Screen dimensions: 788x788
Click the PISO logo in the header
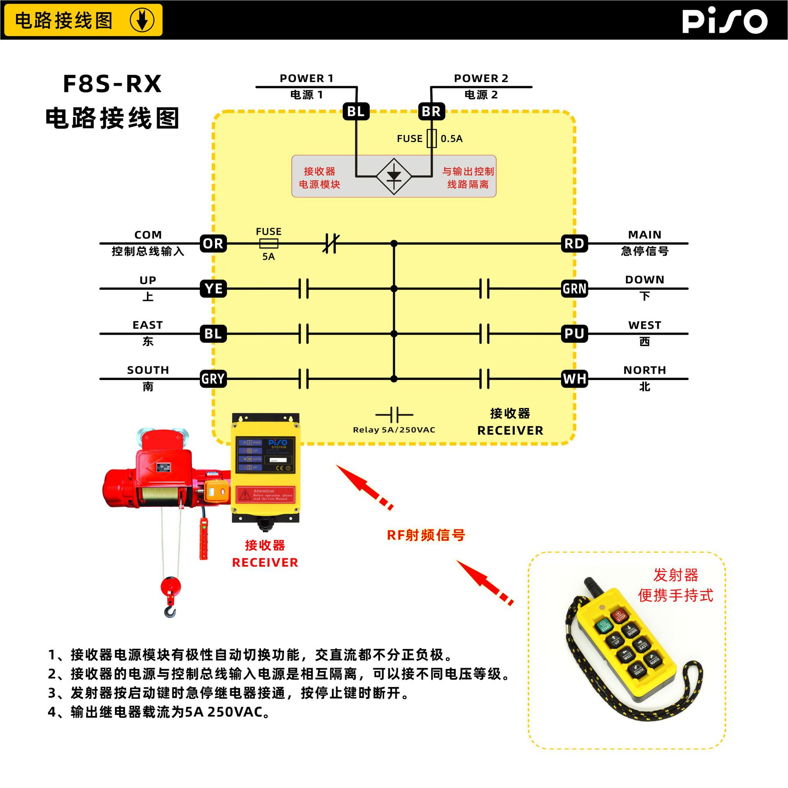pyautogui.click(x=724, y=21)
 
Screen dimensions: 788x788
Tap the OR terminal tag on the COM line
pyautogui.click(x=213, y=243)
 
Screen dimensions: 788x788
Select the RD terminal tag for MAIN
pyautogui.click(x=574, y=243)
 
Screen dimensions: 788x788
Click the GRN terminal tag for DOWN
pyautogui.click(x=574, y=289)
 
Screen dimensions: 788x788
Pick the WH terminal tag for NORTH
pyautogui.click(x=574, y=379)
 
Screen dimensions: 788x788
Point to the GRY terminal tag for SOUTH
pyautogui.click(x=213, y=379)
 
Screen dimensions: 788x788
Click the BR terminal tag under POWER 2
pyautogui.click(x=431, y=111)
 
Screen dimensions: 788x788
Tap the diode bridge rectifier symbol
pyautogui.click(x=394, y=176)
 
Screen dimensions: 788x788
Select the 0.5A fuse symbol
pyautogui.click(x=432, y=138)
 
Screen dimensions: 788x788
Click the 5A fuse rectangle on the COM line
pyautogui.click(x=269, y=244)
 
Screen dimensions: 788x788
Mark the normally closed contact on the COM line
pyautogui.click(x=331, y=243)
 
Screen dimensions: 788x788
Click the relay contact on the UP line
pyautogui.click(x=304, y=289)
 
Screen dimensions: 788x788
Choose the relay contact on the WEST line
pyautogui.click(x=484, y=334)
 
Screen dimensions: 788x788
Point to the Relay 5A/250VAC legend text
pyautogui.click(x=394, y=430)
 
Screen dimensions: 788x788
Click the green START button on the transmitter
pyautogui.click(x=605, y=626)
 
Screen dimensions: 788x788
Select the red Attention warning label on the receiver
pyautogui.click(x=266, y=494)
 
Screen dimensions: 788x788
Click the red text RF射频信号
pyautogui.click(x=426, y=535)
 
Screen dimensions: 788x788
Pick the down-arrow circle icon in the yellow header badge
pyautogui.click(x=142, y=20)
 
